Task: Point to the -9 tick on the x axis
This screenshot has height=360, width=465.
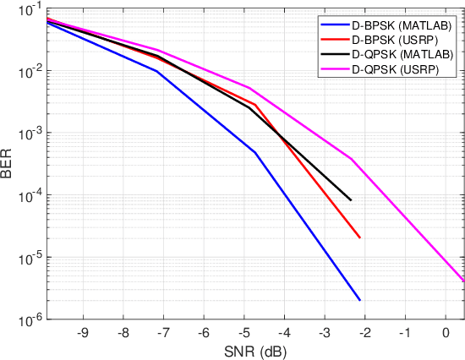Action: (82, 333)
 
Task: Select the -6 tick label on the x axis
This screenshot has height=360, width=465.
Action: (204, 333)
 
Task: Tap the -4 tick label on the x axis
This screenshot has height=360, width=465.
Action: (284, 333)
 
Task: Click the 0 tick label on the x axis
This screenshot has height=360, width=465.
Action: (446, 333)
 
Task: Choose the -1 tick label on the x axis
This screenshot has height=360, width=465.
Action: (406, 333)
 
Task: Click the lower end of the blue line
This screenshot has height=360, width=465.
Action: (360, 300)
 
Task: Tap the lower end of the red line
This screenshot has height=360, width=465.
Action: (360, 237)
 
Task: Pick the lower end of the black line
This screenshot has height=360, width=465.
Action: (351, 200)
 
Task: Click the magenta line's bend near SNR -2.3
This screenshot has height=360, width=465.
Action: (352, 159)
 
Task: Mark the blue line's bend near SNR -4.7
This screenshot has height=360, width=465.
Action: (254, 152)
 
